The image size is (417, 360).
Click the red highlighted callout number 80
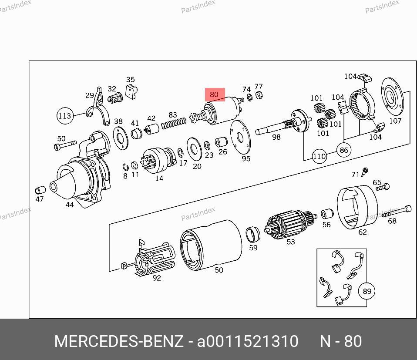point(215,94)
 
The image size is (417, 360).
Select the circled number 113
point(65,116)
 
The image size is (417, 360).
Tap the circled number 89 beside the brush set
point(367,291)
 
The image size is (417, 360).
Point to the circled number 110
point(319,156)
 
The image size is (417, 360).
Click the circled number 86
point(344,150)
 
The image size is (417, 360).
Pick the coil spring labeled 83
point(174,123)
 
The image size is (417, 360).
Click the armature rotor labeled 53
point(290,224)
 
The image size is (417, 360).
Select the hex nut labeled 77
point(259,94)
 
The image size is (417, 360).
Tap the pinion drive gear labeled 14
point(159,160)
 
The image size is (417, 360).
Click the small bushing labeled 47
point(40,190)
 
